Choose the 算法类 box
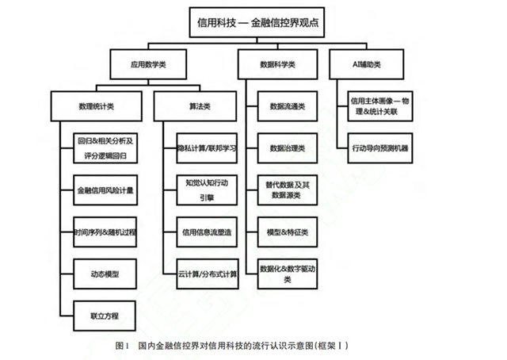[x=196, y=105]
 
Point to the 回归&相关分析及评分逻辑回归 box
[x=105, y=147]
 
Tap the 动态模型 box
[x=105, y=274]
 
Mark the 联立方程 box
[x=105, y=316]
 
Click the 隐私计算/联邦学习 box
[x=208, y=147]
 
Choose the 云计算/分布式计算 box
[x=208, y=274]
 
